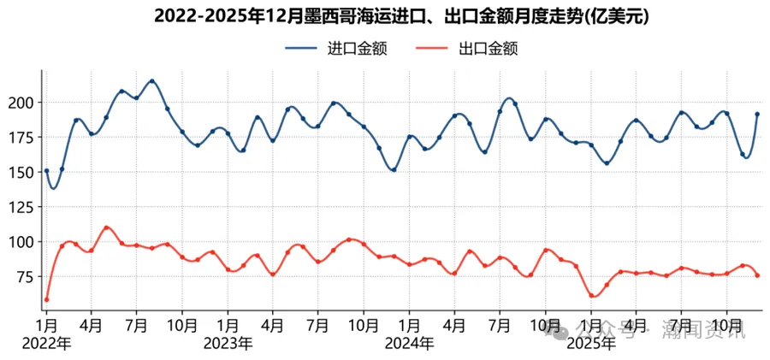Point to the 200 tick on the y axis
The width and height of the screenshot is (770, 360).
(22, 103)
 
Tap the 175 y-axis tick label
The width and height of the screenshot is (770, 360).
(22, 137)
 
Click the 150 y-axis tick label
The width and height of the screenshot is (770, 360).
(22, 172)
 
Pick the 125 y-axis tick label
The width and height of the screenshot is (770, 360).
(22, 207)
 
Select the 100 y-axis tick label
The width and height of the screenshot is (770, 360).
(22, 242)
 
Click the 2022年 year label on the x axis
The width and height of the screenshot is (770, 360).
(47, 343)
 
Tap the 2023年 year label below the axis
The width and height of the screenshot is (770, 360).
(228, 343)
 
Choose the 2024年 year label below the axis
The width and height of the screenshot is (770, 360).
(410, 343)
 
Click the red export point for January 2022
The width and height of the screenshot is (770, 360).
(46, 299)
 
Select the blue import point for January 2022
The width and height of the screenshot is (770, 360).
(46, 171)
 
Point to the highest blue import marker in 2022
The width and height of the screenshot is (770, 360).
(152, 81)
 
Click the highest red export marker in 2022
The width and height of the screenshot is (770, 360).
(106, 228)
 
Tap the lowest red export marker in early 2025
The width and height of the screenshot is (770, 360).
(592, 296)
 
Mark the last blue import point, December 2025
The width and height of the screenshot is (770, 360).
(757, 114)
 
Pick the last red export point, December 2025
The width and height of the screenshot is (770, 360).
(757, 275)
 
